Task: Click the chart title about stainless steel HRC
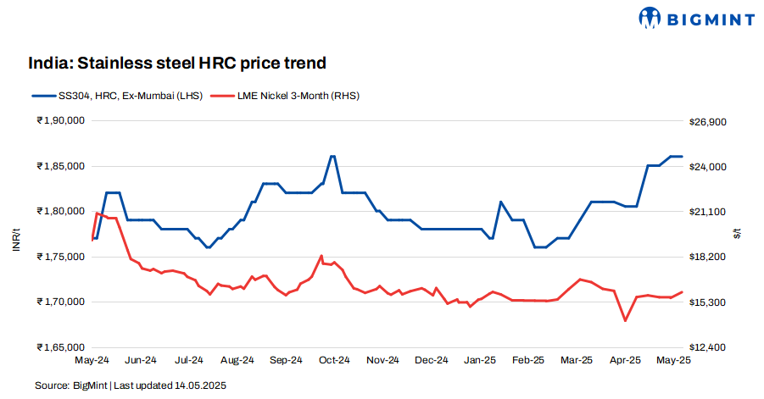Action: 177,64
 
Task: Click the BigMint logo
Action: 695,17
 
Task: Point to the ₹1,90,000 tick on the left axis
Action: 60,121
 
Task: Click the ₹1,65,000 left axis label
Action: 60,347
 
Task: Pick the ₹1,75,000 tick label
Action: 60,257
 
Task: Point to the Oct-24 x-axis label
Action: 334,360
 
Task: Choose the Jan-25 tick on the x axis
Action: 480,360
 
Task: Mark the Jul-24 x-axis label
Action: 188,360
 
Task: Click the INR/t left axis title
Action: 15,235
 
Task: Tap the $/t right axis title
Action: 737,235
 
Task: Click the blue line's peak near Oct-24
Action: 332,156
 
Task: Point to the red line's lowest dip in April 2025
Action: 626,320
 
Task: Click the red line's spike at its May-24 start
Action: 97,213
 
